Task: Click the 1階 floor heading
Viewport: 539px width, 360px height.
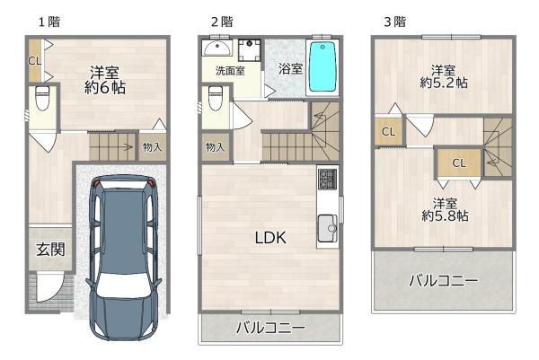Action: point(49,22)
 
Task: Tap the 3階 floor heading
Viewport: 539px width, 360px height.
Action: point(395,22)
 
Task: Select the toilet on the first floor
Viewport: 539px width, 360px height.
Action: point(42,98)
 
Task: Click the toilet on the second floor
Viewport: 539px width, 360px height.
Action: point(216,98)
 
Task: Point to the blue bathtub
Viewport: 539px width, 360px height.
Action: point(323,66)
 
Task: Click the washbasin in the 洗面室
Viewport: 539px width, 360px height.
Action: point(216,48)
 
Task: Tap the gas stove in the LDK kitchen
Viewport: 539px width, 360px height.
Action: point(327,179)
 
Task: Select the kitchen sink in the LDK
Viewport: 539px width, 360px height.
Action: point(328,228)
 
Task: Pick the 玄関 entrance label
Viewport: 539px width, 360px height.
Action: point(50,250)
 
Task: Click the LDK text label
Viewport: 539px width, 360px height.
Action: point(270,237)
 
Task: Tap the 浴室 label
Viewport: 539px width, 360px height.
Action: point(290,69)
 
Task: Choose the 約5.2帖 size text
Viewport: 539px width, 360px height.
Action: point(444,83)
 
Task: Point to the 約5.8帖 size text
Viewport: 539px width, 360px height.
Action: point(445,216)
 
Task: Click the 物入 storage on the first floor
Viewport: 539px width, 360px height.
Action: point(153,147)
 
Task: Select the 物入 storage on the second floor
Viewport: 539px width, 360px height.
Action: point(216,147)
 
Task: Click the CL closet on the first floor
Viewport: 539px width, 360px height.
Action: point(34,61)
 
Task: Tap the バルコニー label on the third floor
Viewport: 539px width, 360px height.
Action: point(444,281)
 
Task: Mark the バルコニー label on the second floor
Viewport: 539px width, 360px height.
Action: point(270,328)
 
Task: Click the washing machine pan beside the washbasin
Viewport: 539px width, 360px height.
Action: point(250,50)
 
